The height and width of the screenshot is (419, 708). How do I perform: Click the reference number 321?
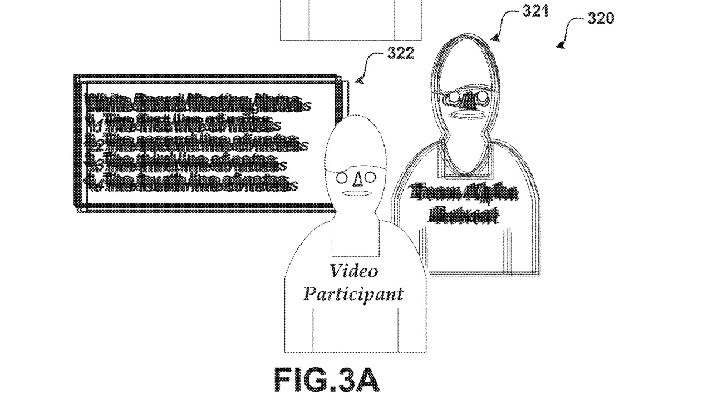coord(535,11)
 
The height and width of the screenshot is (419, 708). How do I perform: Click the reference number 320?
coord(601,18)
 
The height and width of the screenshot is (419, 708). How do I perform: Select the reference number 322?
coord(401,53)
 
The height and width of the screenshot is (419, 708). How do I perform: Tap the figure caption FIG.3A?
coord(327,380)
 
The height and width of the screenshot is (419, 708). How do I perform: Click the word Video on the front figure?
coord(354,271)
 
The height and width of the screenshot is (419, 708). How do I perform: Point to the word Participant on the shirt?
coord(353,293)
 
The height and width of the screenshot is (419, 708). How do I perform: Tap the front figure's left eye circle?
coord(342,178)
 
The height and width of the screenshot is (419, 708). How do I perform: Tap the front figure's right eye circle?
coord(370,178)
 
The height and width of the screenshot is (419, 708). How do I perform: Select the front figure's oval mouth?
coord(356,193)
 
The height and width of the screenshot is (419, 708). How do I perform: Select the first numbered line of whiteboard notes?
coord(178,120)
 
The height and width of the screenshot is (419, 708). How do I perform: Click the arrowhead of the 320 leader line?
coord(560,46)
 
